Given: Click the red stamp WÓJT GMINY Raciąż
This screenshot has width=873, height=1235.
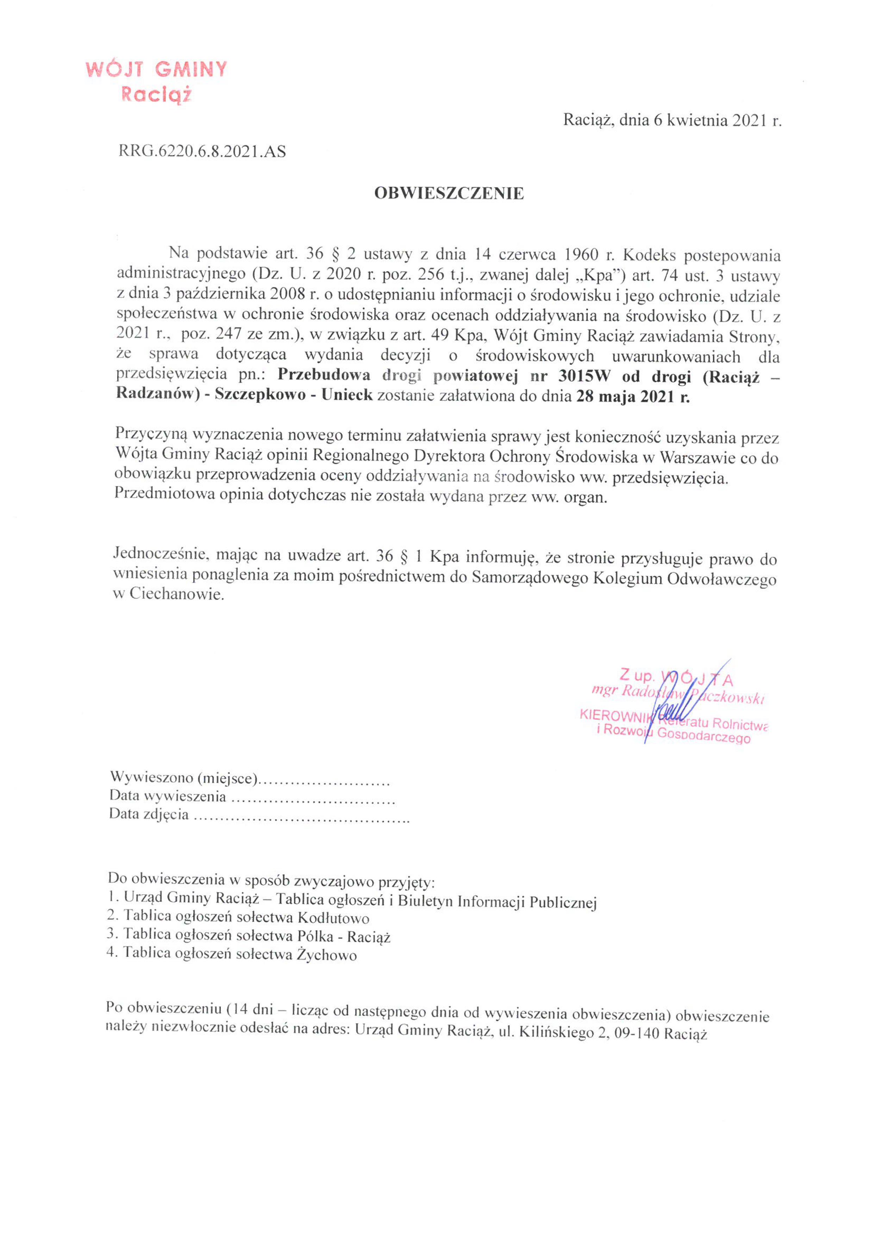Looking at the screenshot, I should point(156,81).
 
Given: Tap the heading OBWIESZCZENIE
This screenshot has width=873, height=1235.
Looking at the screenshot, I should point(449,193).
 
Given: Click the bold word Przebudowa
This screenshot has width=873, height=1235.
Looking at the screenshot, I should point(324,375).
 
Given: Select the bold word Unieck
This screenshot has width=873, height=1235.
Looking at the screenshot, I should point(347,395).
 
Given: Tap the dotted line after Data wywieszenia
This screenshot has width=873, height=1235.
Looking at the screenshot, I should point(312,797).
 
